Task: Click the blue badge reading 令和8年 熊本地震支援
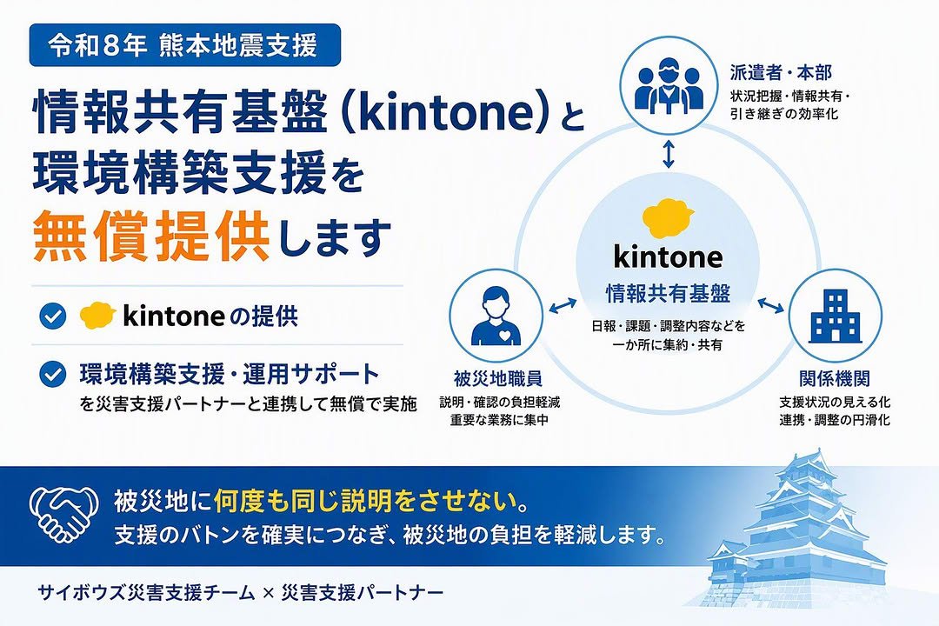tap(184, 45)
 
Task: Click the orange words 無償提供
tap(151, 237)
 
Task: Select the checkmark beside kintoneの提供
tap(53, 316)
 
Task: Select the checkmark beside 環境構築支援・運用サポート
tap(53, 375)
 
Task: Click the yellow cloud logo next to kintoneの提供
tap(97, 315)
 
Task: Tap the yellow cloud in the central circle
tap(668, 217)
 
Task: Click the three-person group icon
tap(669, 90)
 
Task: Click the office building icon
tap(836, 315)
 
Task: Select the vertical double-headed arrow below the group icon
tap(669, 154)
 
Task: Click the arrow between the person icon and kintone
tap(563, 305)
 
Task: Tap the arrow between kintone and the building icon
tap(770, 305)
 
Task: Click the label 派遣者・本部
tap(781, 72)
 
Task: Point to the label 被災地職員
tap(498, 378)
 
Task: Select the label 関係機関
tap(834, 378)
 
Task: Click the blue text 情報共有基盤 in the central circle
tap(669, 294)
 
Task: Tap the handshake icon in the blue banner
tap(64, 513)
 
